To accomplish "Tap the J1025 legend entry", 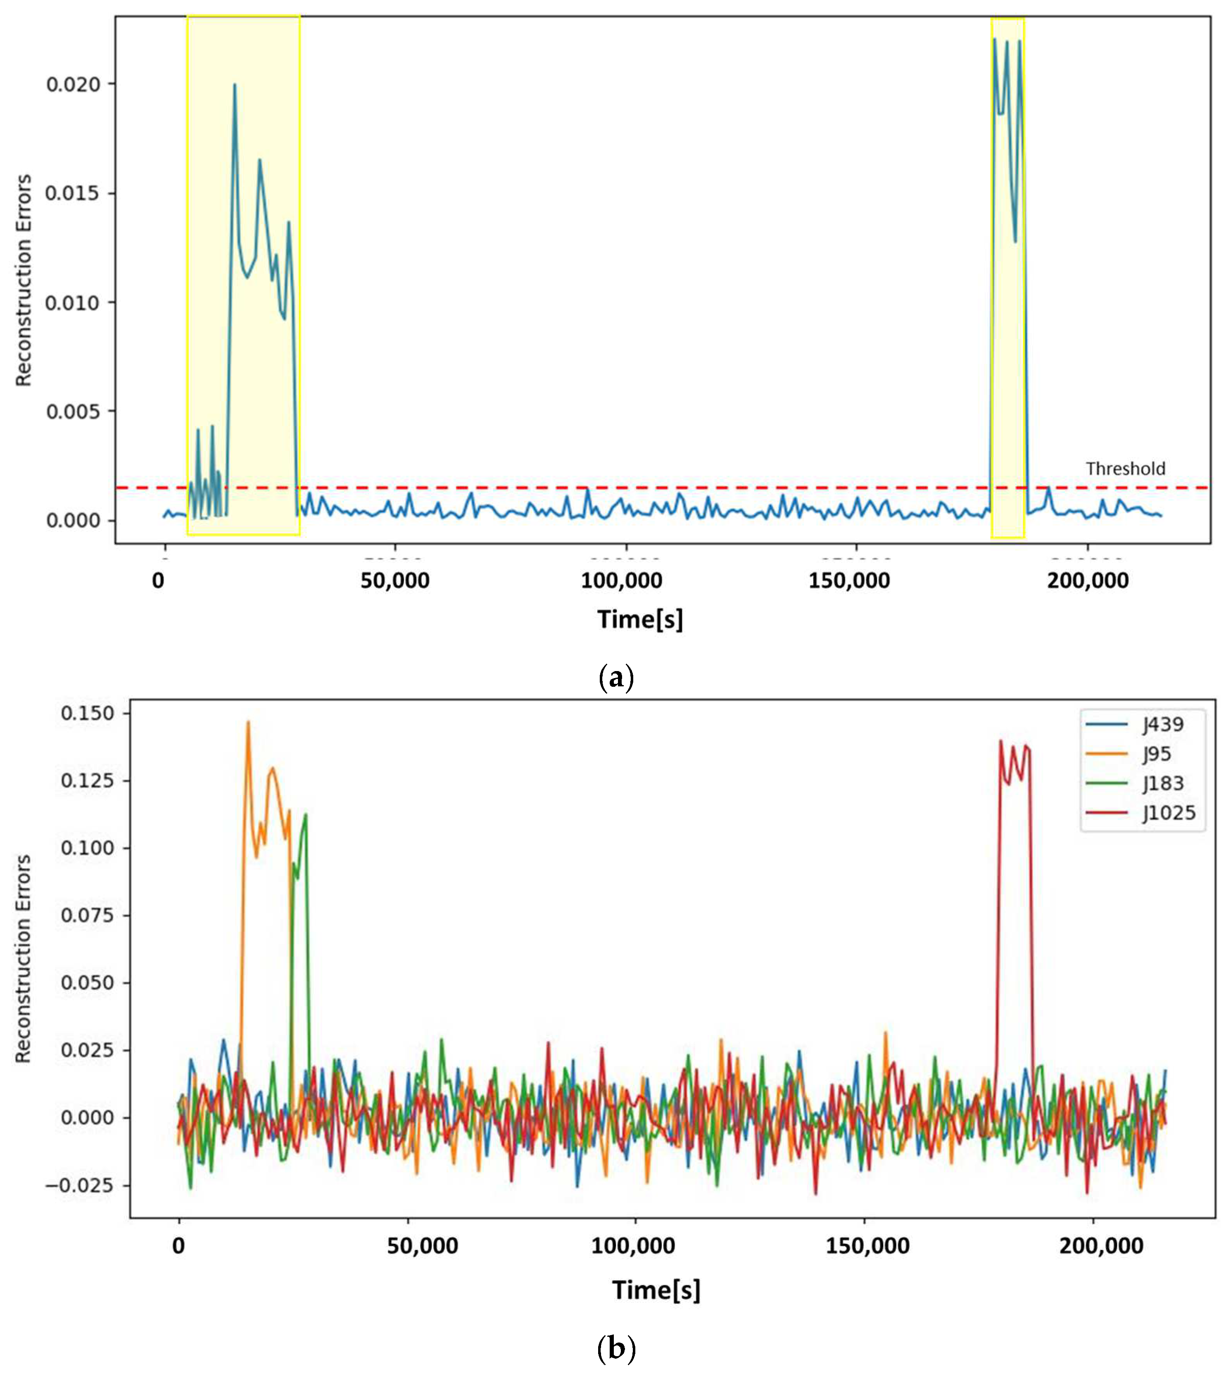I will pyautogui.click(x=1169, y=813).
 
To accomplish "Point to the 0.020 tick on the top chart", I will pyautogui.click(x=73, y=84).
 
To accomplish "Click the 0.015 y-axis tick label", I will pyautogui.click(x=73, y=193).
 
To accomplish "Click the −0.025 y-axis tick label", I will pyautogui.click(x=79, y=1185).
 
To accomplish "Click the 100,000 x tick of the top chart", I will pyautogui.click(x=622, y=580).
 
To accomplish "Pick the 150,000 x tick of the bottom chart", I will pyautogui.click(x=867, y=1246).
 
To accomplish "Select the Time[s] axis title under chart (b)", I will pyautogui.click(x=656, y=1290).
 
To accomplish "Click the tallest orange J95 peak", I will pyautogui.click(x=248, y=722).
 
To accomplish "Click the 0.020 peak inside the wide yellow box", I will pyautogui.click(x=235, y=85).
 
